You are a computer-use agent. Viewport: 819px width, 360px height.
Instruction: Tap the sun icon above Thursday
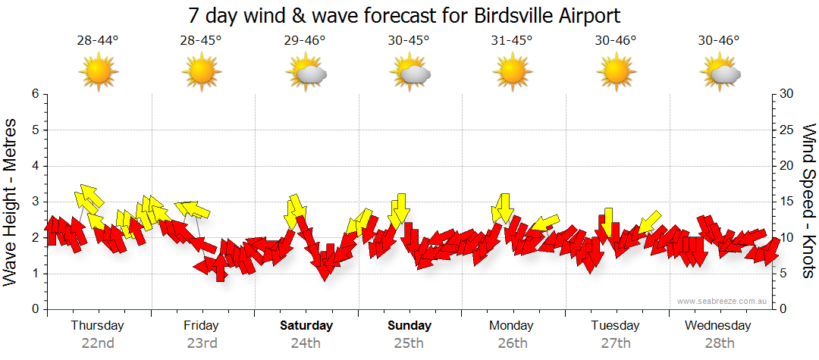[98, 72]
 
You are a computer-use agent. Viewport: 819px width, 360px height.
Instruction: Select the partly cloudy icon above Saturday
[306, 72]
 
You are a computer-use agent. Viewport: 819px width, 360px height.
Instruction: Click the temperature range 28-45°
[201, 40]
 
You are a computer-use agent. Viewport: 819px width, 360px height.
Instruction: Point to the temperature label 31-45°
[513, 40]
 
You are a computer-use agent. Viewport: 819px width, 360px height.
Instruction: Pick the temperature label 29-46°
[305, 40]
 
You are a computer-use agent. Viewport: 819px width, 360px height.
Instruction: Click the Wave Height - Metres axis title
[11, 202]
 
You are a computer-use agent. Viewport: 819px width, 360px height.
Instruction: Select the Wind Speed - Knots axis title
[808, 202]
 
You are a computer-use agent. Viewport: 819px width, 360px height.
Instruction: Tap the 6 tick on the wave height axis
[35, 94]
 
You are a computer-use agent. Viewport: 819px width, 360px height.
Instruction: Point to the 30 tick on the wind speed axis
[786, 94]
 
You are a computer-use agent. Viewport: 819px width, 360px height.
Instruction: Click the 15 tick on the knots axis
[786, 202]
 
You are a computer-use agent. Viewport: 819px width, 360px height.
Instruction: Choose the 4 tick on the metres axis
[35, 166]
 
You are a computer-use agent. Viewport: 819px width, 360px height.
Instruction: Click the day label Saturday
[306, 326]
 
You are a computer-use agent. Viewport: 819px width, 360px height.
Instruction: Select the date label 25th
[409, 343]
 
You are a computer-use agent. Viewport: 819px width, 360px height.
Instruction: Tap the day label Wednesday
[717, 326]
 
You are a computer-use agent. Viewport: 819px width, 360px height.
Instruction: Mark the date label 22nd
[98, 343]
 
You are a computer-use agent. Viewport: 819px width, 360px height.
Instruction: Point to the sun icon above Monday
[513, 72]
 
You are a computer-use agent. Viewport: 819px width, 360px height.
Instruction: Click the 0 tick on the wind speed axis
[783, 309]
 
